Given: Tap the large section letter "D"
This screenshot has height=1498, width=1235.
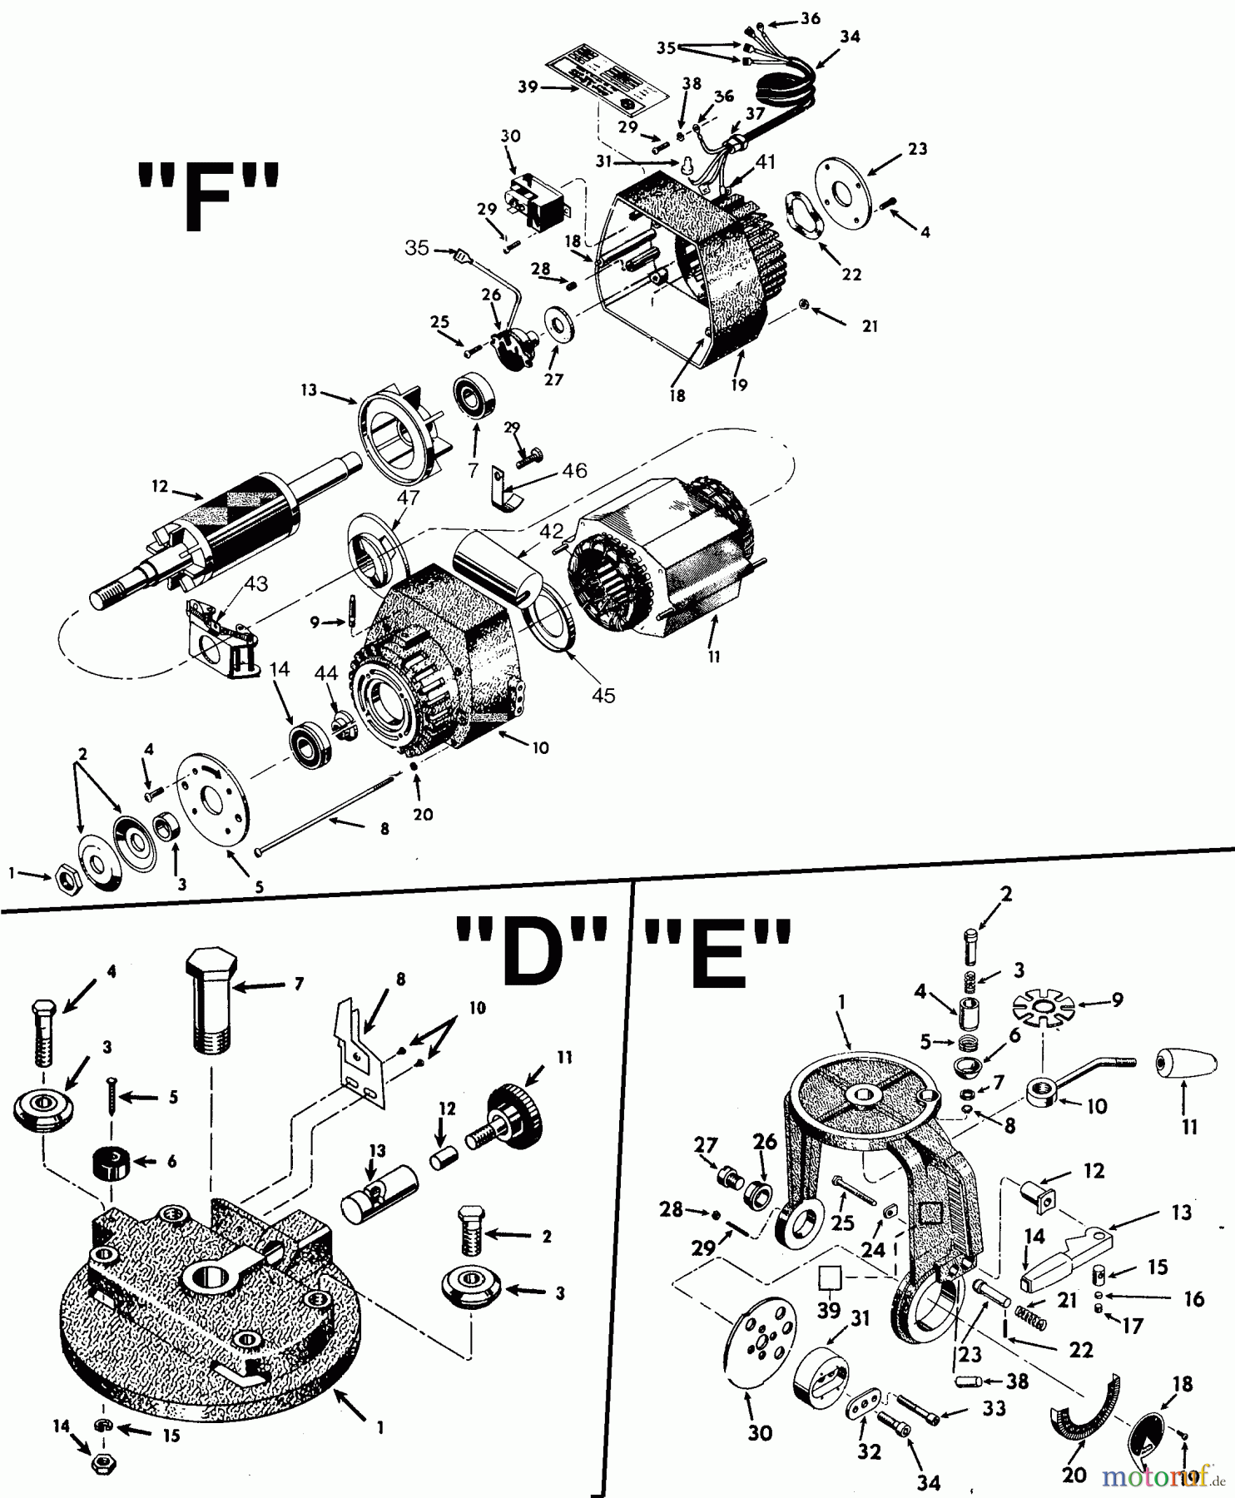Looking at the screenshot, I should pyautogui.click(x=530, y=950).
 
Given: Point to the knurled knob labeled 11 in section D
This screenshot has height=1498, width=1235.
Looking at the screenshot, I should pyautogui.click(x=511, y=1116).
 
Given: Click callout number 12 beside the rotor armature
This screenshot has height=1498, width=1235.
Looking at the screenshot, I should pyautogui.click(x=160, y=487).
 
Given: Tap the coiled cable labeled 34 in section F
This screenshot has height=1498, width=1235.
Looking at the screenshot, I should pyautogui.click(x=783, y=84).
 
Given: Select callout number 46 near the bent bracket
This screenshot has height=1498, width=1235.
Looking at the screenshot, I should pyautogui.click(x=573, y=471).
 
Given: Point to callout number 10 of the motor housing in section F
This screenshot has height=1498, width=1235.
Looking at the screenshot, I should pyautogui.click(x=541, y=747).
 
